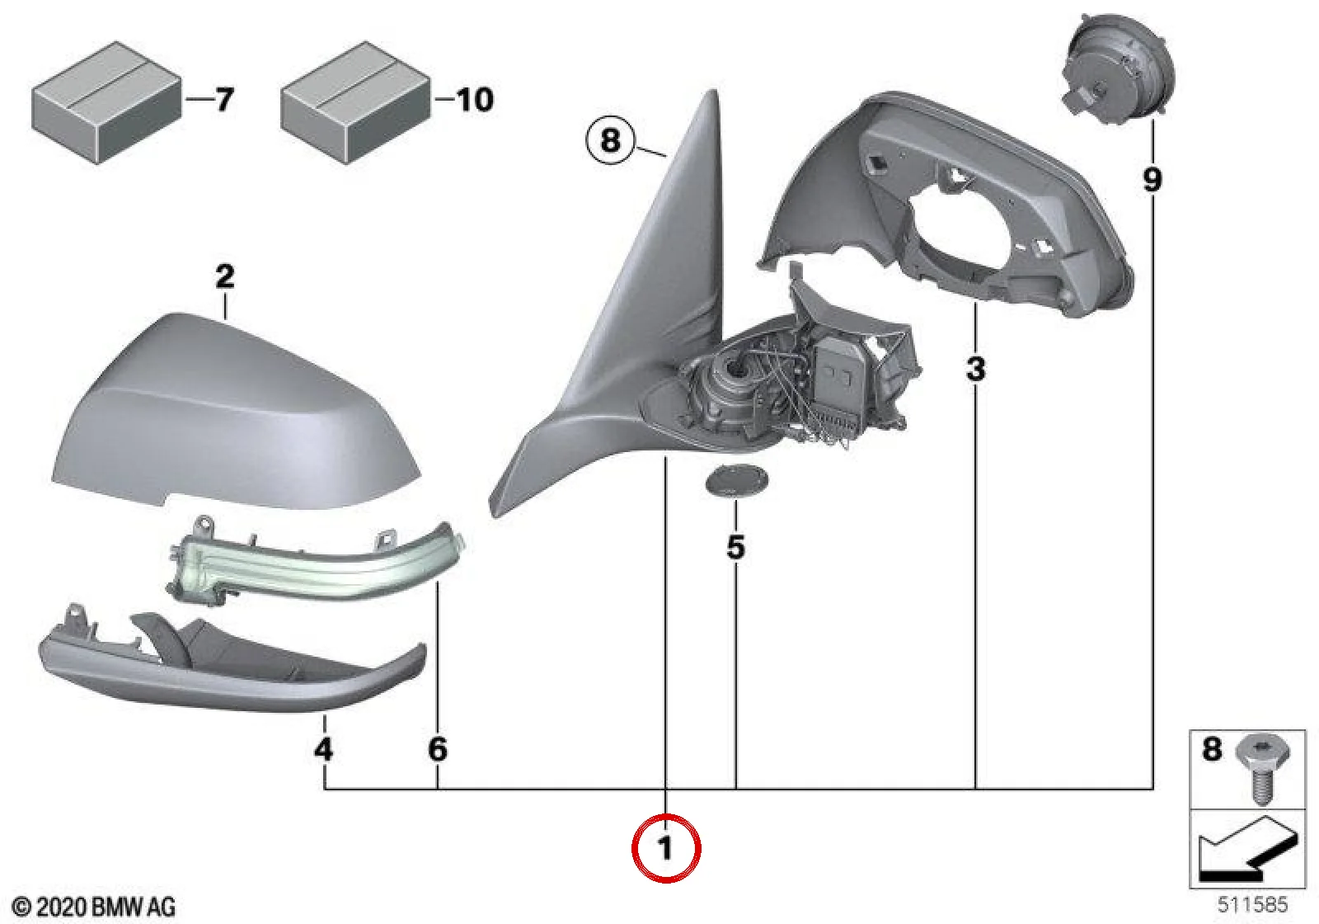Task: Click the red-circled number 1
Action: tap(665, 849)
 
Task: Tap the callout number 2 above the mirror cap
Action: tap(225, 276)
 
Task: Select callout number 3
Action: tap(976, 370)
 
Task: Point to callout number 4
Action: tap(324, 749)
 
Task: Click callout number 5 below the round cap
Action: tap(736, 547)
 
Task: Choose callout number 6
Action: tap(438, 749)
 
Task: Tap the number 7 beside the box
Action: tap(224, 100)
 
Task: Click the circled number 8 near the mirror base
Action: tap(610, 141)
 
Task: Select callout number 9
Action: tap(1152, 180)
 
